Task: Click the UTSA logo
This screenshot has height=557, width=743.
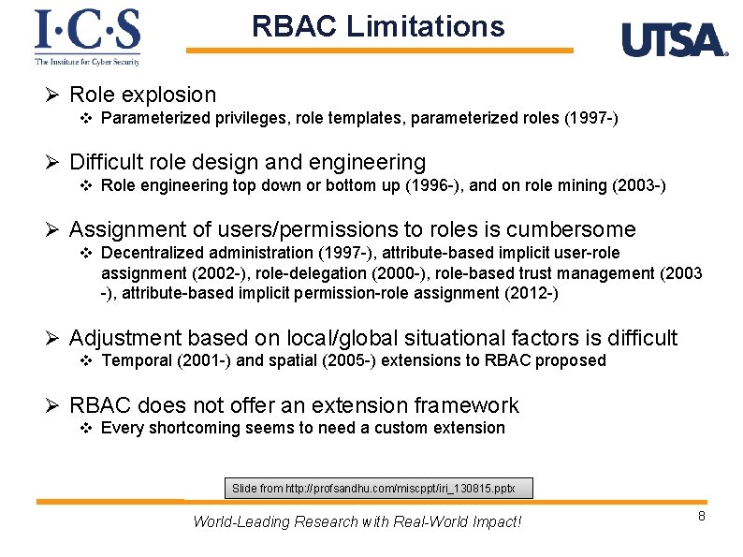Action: [x=674, y=40]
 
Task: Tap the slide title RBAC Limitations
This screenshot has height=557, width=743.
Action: [x=377, y=26]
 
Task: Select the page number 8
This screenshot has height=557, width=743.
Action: [x=701, y=519]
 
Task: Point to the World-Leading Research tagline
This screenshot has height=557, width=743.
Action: [x=357, y=521]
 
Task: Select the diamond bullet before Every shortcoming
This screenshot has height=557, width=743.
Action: [x=86, y=428]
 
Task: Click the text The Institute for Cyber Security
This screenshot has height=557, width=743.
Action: [x=87, y=62]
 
